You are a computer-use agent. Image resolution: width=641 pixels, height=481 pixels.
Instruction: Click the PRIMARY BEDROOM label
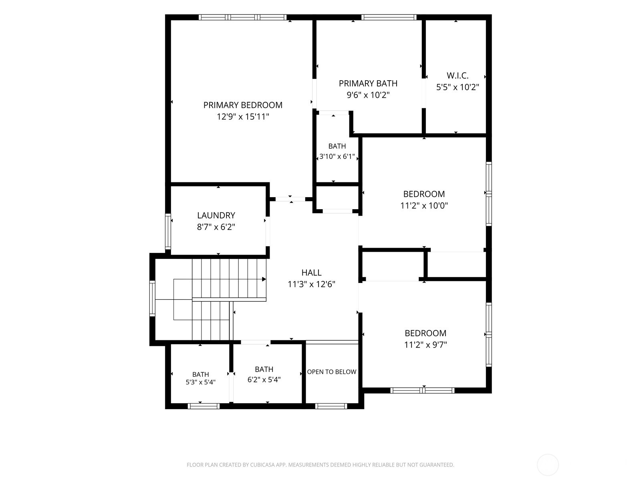[x=243, y=105]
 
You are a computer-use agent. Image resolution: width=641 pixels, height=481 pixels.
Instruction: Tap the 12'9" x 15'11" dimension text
[x=243, y=117]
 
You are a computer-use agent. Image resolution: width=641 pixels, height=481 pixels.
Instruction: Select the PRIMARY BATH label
[x=368, y=83]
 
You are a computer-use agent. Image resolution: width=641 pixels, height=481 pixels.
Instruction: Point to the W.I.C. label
[x=458, y=76]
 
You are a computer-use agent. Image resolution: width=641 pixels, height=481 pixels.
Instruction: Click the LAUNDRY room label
[x=216, y=216]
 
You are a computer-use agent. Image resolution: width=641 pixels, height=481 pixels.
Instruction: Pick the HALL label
[x=311, y=273]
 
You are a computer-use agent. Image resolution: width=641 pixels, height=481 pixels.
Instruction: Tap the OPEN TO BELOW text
[x=331, y=372]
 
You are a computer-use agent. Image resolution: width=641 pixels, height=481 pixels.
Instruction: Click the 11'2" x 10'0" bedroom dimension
[x=424, y=206]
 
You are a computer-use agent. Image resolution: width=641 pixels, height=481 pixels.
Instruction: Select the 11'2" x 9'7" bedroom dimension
[x=425, y=345]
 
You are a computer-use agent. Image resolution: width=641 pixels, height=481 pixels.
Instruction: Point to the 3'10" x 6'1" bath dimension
[x=337, y=157]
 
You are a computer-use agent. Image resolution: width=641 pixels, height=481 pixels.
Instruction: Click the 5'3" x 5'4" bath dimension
[x=200, y=382]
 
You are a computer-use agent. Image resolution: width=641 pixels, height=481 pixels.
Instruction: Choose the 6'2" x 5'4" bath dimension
[x=264, y=380]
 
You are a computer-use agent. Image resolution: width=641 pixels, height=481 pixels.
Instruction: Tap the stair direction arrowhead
[x=264, y=279]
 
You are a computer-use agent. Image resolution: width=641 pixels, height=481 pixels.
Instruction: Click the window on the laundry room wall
[x=168, y=231]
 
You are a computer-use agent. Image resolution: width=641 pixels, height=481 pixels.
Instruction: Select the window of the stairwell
[x=152, y=299]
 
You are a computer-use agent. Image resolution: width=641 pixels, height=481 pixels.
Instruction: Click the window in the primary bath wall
[x=389, y=17]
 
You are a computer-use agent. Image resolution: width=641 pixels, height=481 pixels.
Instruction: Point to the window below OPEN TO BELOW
[x=331, y=406]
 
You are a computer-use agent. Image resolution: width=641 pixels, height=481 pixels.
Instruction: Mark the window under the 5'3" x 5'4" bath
[x=204, y=406]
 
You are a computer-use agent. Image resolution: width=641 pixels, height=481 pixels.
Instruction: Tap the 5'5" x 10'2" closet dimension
[x=458, y=87]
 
